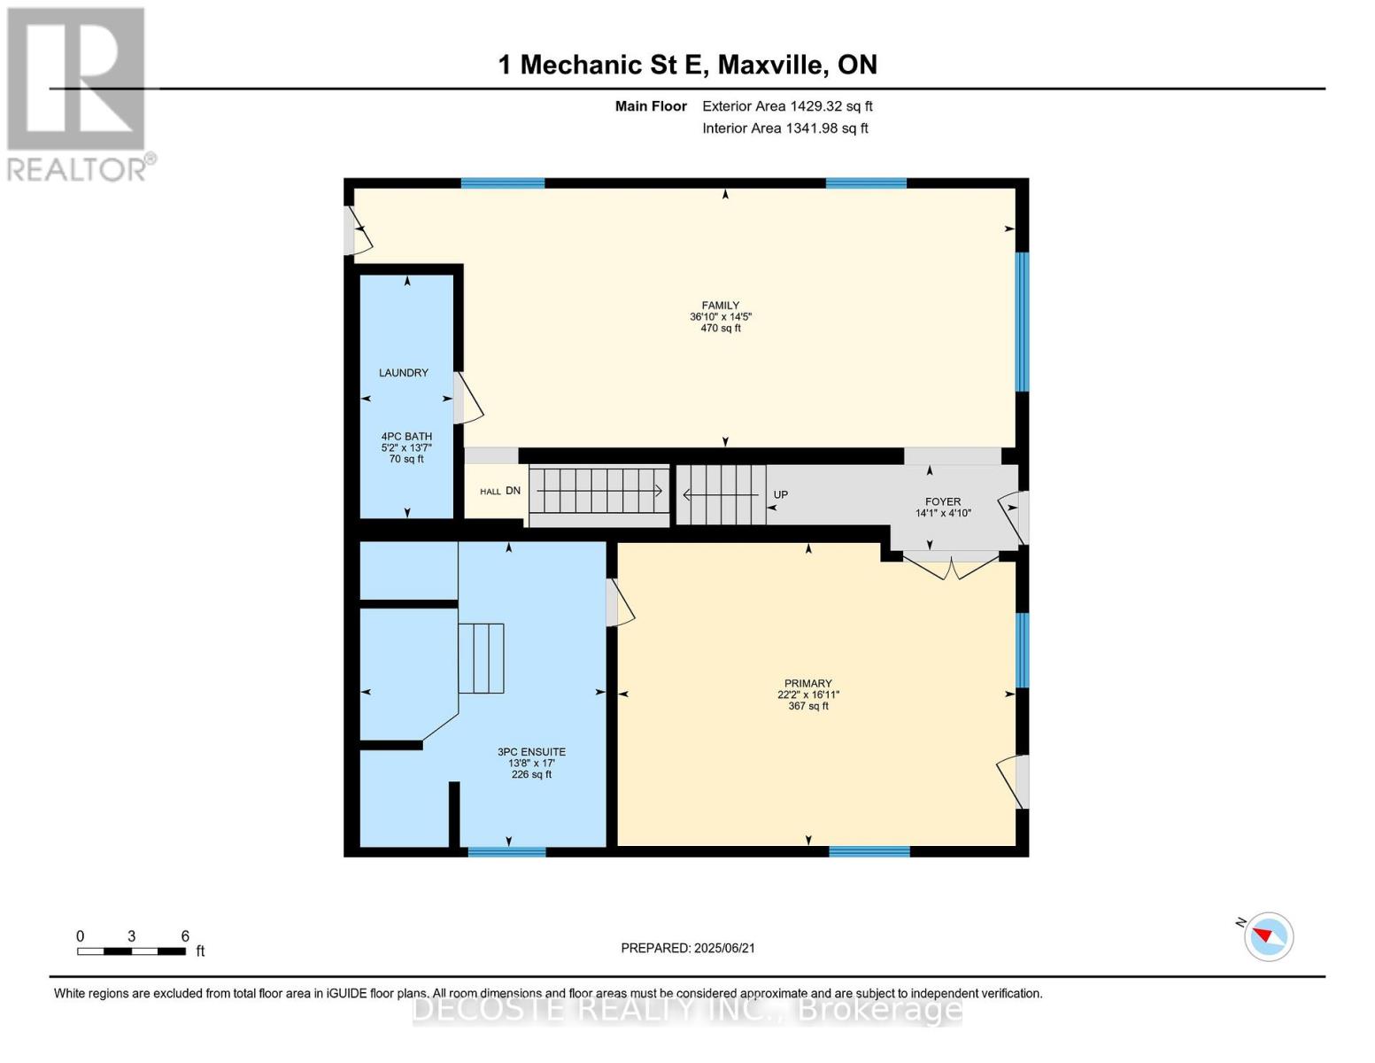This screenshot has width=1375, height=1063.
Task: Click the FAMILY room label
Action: tap(720, 306)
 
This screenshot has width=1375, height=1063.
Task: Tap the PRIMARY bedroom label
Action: tap(807, 683)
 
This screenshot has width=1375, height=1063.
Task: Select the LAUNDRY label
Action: tap(404, 373)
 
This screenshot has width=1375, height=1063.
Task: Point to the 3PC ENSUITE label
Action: tap(531, 752)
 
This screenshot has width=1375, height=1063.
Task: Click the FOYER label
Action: tap(942, 501)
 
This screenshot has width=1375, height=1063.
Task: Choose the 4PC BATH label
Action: tap(406, 437)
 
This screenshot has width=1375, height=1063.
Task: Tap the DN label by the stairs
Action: tap(514, 491)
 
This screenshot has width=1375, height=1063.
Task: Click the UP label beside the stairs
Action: tap(780, 495)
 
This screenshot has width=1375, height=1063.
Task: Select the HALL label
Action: tap(490, 492)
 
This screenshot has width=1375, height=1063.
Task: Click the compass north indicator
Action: tap(1268, 935)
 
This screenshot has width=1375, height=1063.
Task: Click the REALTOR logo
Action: tap(78, 94)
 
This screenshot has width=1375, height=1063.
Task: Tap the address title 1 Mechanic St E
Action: tap(687, 65)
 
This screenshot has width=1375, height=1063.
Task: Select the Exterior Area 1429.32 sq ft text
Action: tap(787, 106)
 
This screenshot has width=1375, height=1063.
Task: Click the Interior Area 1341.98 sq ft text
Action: tap(784, 128)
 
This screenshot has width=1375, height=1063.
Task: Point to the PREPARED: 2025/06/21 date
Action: tap(688, 948)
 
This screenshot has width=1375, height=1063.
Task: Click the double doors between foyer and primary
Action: tap(951, 567)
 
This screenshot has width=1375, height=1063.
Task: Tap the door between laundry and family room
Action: tap(467, 399)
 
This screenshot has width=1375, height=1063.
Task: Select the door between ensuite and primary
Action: tap(619, 603)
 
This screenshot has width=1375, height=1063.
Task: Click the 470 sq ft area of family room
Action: tap(720, 329)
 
